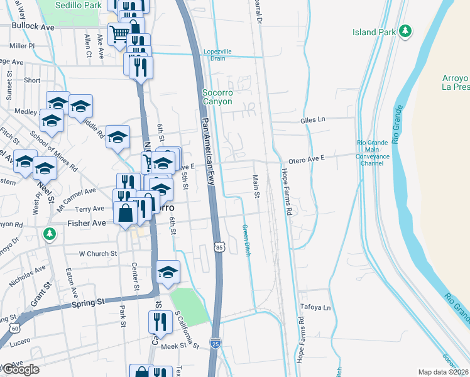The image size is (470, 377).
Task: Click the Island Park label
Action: (x=373, y=32)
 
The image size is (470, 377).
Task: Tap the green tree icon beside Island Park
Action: (x=406, y=31)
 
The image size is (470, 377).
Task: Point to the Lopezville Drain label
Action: (x=214, y=55)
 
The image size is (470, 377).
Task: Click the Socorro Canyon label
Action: (x=217, y=97)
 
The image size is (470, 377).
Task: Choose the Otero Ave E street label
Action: (x=306, y=160)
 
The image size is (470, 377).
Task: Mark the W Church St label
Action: (x=98, y=254)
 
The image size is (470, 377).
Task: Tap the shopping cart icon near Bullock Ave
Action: (x=118, y=33)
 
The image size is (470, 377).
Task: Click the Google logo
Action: (x=21, y=369)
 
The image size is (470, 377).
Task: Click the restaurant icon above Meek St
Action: (x=157, y=321)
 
